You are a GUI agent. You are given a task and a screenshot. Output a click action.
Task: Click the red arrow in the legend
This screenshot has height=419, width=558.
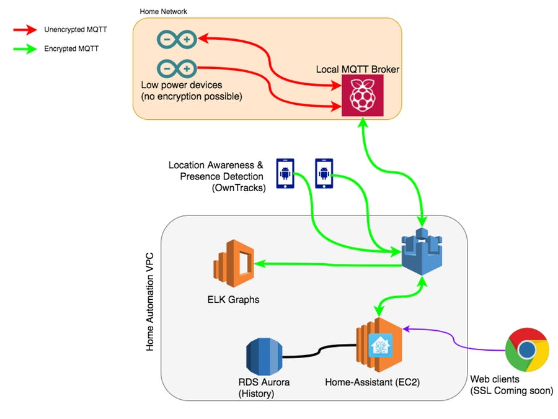coord(25,30)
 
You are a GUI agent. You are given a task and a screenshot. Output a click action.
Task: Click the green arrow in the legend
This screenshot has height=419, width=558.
coord(25,49)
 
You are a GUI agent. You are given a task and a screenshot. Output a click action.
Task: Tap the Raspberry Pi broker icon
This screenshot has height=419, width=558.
coord(362,96)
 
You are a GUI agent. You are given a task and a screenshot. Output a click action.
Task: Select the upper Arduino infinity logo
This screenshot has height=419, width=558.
coord(177,39)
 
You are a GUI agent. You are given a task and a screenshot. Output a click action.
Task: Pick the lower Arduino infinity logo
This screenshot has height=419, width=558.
coord(177,68)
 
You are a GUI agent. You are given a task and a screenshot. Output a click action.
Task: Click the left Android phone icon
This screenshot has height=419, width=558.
coord(285,174)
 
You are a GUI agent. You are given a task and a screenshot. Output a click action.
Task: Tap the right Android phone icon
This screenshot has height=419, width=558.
coord(324,174)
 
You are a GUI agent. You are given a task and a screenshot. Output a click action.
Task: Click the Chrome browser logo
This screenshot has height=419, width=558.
coord(527,349)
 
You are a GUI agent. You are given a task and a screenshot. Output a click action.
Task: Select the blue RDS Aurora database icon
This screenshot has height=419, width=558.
coord(264,357)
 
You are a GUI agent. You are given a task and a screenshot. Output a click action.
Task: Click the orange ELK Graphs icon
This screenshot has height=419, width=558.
coord(234,263)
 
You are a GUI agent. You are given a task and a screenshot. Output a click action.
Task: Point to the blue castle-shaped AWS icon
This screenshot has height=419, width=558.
coord(422,251)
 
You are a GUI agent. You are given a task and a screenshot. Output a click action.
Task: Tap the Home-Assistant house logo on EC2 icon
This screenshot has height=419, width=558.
coord(381,345)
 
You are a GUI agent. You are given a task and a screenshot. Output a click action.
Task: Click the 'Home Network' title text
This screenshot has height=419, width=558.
coord(163,11)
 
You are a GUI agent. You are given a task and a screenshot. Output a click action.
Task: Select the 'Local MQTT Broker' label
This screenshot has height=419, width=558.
coord(358,69)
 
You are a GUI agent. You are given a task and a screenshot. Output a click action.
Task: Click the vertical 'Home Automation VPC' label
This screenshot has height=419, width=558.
coord(150,302)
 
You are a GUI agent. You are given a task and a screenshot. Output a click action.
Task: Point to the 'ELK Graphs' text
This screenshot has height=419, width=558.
coord(234,300)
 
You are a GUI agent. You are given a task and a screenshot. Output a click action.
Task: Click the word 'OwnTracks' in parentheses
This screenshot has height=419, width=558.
coord(239,187)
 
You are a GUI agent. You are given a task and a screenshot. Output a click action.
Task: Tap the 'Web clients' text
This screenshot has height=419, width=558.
coord(495,379)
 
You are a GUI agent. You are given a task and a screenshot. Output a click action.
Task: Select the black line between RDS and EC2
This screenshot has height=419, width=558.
coord(319,351)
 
